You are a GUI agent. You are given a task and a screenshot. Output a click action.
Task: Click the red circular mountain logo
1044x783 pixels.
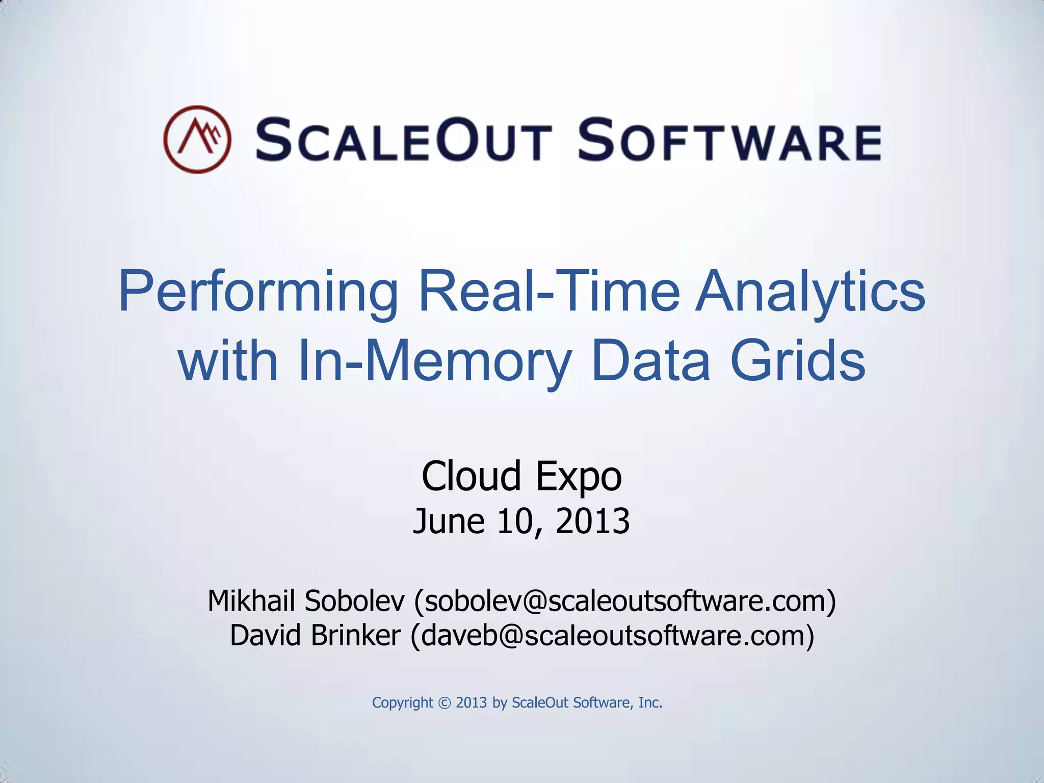[x=197, y=139]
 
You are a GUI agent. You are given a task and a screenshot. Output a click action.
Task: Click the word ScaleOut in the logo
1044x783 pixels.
[x=403, y=139]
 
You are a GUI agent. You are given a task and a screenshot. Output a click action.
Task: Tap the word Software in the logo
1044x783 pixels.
[x=729, y=139]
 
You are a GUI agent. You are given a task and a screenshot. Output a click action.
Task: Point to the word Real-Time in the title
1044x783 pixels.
[x=549, y=292]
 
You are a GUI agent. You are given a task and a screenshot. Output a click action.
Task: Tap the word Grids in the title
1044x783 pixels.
[x=797, y=360]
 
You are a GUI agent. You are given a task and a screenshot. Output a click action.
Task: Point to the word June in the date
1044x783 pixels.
[x=449, y=522]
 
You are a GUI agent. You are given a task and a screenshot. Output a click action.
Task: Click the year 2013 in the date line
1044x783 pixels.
[x=592, y=521]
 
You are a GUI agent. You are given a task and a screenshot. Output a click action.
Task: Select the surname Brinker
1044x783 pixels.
[x=355, y=635]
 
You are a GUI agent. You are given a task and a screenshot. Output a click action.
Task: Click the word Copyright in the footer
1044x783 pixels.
[x=402, y=703]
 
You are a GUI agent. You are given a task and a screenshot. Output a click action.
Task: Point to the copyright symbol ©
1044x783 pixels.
[x=445, y=703]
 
